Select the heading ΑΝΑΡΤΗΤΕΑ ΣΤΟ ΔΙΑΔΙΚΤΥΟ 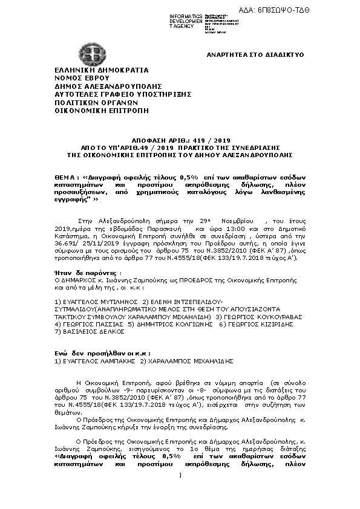247,54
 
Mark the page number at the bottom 180,476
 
